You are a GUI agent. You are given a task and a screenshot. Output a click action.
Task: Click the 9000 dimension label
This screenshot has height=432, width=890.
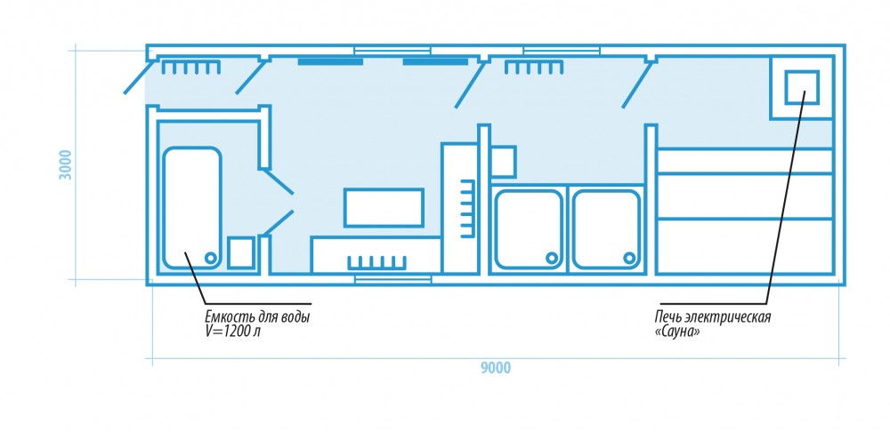click(x=496, y=368)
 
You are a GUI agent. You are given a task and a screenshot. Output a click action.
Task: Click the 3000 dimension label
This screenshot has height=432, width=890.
click(x=66, y=165)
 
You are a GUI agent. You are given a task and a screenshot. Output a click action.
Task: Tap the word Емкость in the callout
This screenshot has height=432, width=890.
click(x=223, y=317)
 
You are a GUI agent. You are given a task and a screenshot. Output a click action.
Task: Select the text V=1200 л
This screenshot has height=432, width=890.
click(x=232, y=332)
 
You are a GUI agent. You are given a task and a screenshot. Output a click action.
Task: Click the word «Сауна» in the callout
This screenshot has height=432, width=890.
click(x=677, y=332)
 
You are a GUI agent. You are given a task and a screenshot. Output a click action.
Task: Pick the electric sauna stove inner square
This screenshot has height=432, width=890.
click(x=802, y=88)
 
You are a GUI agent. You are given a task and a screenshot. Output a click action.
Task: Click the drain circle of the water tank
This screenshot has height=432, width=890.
click(x=211, y=258)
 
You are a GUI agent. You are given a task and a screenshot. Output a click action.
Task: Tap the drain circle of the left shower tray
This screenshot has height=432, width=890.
click(x=551, y=258)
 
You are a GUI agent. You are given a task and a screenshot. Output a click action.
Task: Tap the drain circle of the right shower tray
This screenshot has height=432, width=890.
click(x=629, y=258)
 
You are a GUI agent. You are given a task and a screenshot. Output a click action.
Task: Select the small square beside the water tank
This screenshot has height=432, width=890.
click(x=240, y=252)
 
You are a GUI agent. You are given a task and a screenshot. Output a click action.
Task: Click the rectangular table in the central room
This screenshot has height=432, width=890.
click(x=384, y=207)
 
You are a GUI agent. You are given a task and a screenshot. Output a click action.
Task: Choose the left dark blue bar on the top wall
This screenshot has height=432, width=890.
click(x=330, y=61)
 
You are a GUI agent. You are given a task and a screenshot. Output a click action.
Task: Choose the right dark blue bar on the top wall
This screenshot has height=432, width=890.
click(x=435, y=61)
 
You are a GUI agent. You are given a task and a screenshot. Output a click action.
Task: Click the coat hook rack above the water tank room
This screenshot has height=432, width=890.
click(x=191, y=68)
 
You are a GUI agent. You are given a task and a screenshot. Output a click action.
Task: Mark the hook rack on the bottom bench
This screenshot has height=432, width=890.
click(x=376, y=263)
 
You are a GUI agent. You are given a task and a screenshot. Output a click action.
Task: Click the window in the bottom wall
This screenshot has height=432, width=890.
click(x=392, y=279)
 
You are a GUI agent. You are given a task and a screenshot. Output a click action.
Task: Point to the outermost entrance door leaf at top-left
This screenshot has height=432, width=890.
click(x=140, y=77)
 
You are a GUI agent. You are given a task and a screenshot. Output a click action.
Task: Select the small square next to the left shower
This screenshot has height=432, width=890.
click(x=502, y=162)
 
